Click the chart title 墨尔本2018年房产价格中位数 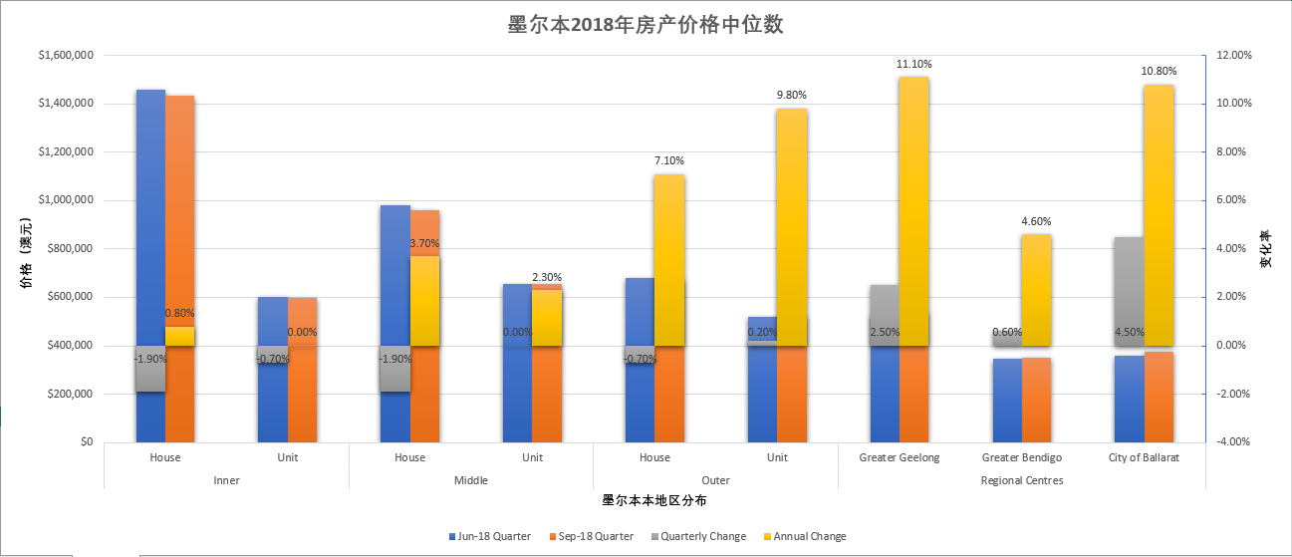[646, 25]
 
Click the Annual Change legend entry [808, 536]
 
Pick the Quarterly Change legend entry [702, 536]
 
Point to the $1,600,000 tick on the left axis [65, 56]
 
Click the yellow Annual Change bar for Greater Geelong [913, 209]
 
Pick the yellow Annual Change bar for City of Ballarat [1159, 214]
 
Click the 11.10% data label [913, 64]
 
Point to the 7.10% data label [668, 160]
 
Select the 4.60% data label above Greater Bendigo [1036, 221]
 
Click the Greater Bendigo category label [1021, 458]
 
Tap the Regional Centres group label [1021, 480]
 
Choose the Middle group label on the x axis [470, 480]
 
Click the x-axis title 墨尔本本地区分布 [654, 500]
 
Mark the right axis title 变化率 [1266, 249]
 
